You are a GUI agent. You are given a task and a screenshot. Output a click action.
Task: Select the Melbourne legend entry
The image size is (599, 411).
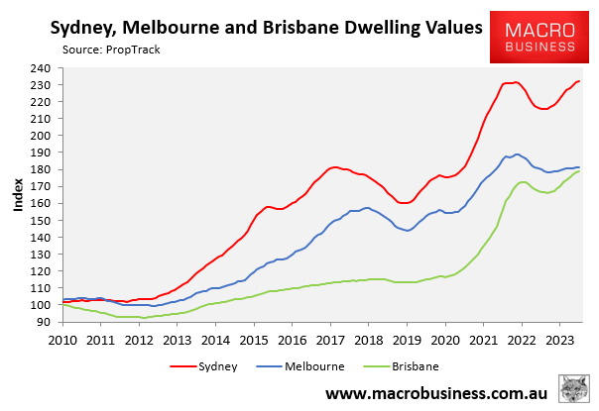tap(313, 365)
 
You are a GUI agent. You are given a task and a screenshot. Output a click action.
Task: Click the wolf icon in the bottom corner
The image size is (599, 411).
tap(573, 389)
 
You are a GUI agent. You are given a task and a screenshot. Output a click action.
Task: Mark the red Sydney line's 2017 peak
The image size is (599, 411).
tap(334, 167)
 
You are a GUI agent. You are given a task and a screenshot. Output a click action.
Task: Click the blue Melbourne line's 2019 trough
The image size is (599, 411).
tap(409, 231)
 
